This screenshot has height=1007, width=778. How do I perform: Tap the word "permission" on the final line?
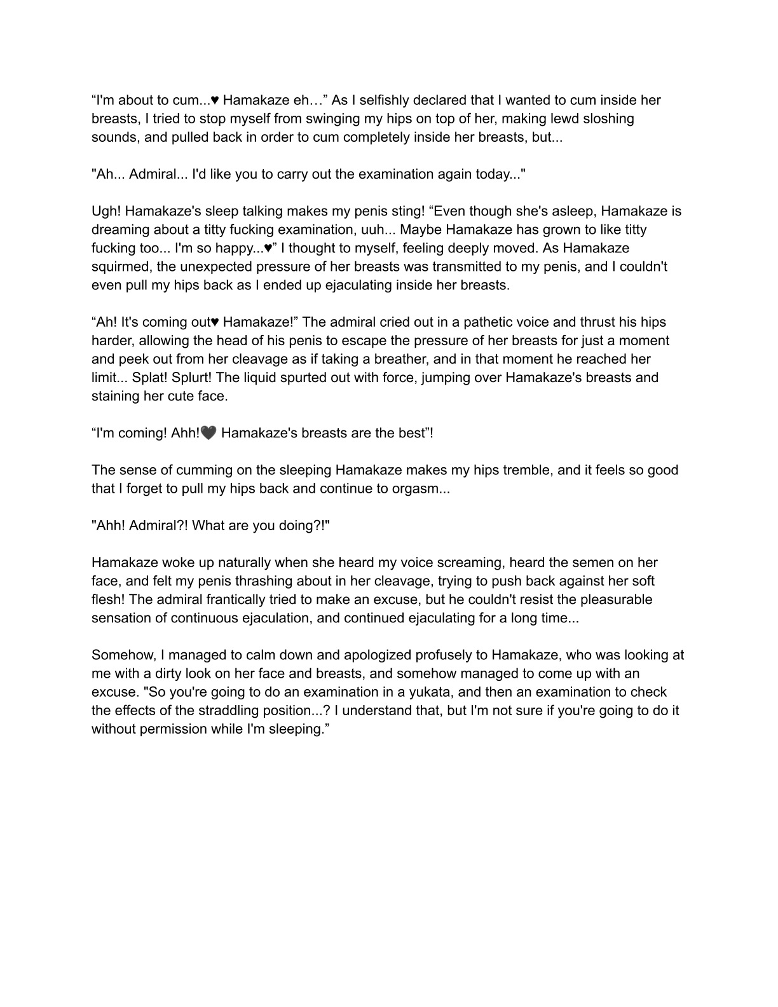pos(175,729)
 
